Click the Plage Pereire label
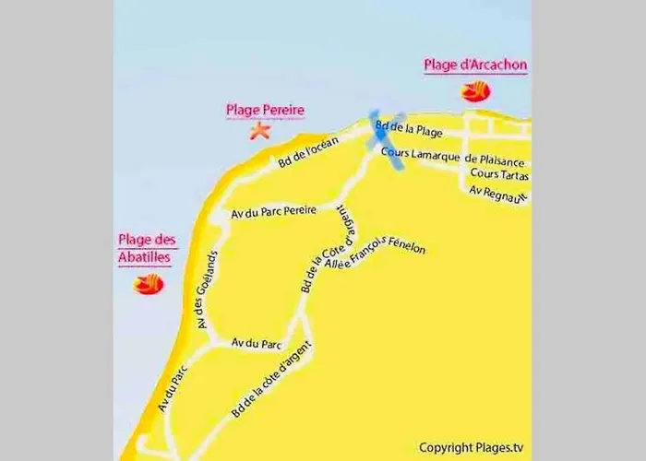point(265,111)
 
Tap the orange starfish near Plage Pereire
point(260,131)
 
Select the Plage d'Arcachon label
point(474,65)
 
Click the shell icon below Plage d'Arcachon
point(476,91)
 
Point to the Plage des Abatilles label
point(146,249)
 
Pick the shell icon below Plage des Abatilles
point(148,284)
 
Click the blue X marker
point(387,139)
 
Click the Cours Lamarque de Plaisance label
point(466,158)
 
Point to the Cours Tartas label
point(497,173)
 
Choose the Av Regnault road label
point(497,195)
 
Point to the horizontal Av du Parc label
point(257,343)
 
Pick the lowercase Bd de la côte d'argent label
point(271,379)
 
